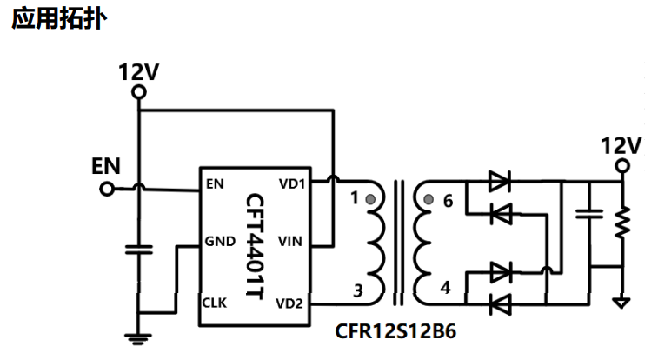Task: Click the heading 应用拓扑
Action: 59,19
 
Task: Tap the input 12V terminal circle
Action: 139,92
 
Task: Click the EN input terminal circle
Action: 107,190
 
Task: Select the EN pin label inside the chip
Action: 215,183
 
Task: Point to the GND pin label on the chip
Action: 220,241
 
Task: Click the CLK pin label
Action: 214,303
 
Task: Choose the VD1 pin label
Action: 292,183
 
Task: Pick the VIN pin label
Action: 290,241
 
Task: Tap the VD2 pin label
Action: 289,303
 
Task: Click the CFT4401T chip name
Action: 255,246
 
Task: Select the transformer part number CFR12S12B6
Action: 395,331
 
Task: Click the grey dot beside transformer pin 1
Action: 370,199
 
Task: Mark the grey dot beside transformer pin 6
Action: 429,199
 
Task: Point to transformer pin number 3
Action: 358,290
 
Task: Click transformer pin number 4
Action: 446,288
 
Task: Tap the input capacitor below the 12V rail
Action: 139,250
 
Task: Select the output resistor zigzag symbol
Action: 622,223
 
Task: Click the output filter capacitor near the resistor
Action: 589,214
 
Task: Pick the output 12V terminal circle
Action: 622,166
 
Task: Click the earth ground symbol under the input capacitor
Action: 138,339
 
